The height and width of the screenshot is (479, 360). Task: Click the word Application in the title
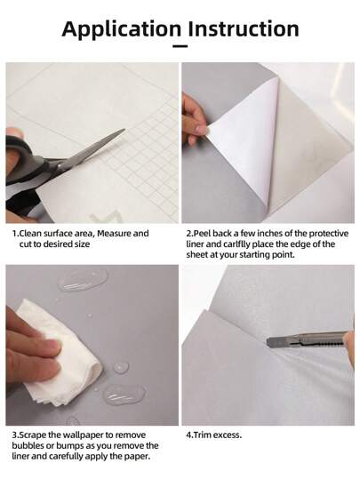[x=121, y=29]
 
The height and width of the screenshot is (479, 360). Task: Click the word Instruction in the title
[x=244, y=28]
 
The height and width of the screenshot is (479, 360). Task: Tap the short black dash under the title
[x=180, y=46]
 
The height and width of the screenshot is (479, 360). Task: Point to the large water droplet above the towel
[x=83, y=280]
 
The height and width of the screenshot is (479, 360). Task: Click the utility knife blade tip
[x=268, y=342]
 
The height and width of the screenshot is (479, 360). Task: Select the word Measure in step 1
[x=115, y=234]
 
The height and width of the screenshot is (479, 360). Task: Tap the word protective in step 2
[x=329, y=234]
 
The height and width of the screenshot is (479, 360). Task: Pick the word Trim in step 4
[x=202, y=435]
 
